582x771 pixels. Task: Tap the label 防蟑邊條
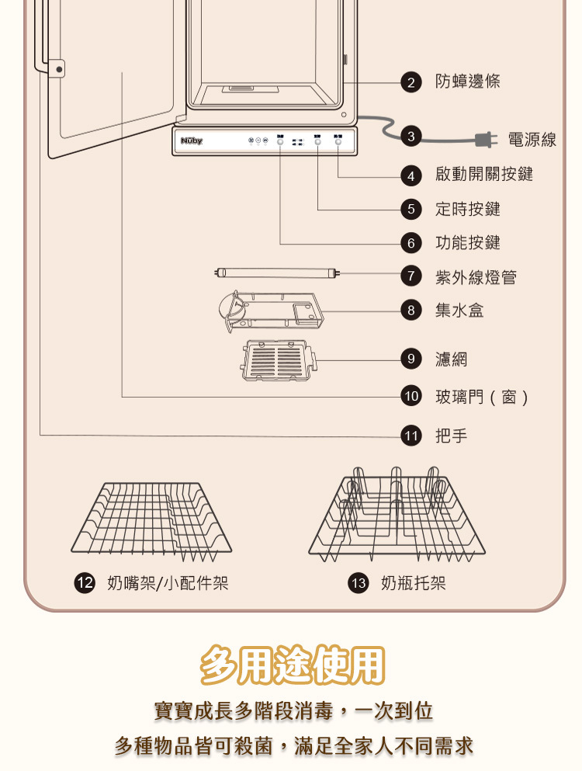tap(468, 82)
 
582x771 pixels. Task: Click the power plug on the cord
tap(487, 140)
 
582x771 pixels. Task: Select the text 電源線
tap(532, 140)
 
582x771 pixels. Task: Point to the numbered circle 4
tap(411, 175)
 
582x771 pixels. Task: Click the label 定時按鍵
tap(468, 209)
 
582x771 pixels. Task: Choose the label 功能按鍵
tap(468, 243)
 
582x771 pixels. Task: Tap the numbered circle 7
tap(411, 276)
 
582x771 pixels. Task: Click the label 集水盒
tap(459, 311)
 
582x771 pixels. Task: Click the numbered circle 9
tap(411, 359)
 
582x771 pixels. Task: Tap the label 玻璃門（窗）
tap(482, 398)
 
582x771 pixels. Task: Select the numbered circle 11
tap(411, 436)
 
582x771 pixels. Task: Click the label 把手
tap(452, 436)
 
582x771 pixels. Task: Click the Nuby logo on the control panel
tap(191, 141)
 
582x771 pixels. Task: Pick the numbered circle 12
tap(84, 584)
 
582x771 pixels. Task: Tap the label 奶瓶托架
tap(414, 584)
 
